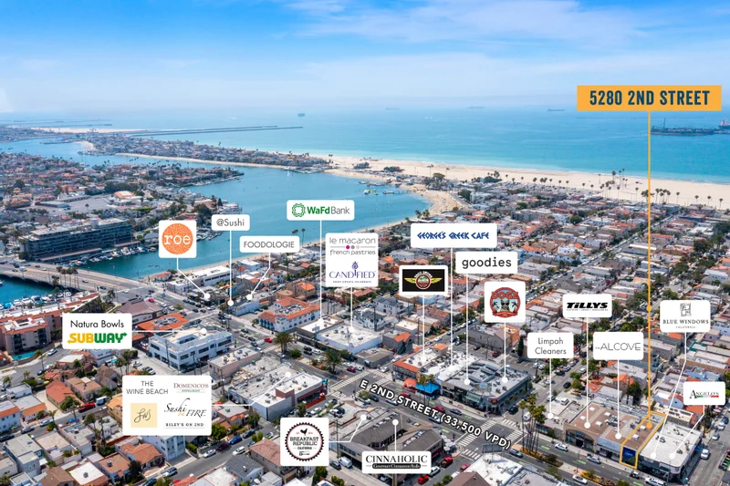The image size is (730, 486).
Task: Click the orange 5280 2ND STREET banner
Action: [649, 98]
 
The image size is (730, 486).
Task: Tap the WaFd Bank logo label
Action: [320, 211]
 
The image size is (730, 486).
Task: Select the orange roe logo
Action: [177, 239]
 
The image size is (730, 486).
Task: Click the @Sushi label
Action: [231, 222]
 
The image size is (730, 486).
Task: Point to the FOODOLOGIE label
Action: [270, 244]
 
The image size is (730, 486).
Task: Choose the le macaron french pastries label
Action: [351, 246]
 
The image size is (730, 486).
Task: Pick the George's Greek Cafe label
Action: [454, 235]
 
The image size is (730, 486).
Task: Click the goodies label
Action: [486, 263]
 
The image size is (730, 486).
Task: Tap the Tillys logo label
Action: [587, 305]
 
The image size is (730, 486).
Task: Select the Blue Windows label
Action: [684, 315]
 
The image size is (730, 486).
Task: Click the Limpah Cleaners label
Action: [550, 346]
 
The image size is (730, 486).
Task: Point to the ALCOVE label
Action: [618, 346]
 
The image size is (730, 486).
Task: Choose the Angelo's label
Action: [704, 393]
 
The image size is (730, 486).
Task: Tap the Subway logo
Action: [97, 337]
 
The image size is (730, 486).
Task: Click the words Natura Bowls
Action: [97, 323]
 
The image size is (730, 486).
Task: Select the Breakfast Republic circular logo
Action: [304, 442]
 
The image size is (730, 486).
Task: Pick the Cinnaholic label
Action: [397, 461]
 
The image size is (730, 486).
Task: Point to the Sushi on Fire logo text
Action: [185, 415]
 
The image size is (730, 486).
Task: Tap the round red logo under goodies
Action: [505, 301]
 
